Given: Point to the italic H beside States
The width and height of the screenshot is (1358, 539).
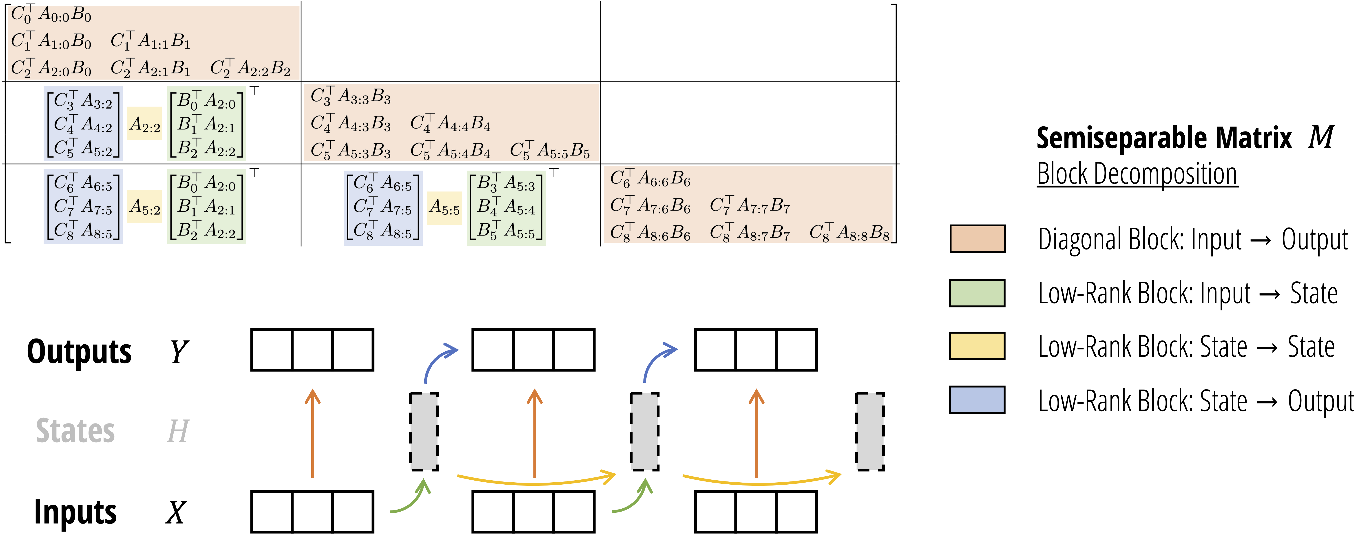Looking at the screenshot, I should (178, 431).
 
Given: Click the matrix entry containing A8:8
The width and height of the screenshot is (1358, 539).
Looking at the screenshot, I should (849, 232).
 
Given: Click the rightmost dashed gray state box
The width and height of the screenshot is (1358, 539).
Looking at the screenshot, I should (870, 431).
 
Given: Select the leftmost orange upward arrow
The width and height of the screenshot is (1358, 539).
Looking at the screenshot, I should (313, 432).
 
